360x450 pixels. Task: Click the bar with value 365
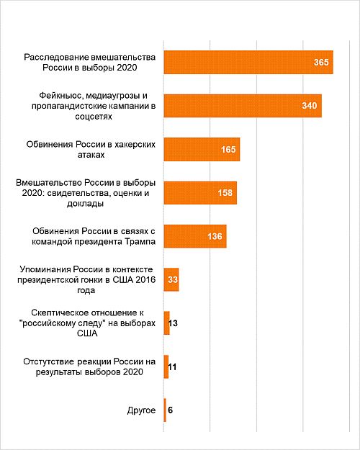tap(248, 62)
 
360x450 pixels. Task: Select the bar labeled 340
tap(243, 106)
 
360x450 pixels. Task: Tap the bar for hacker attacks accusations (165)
tap(202, 149)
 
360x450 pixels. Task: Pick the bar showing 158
tap(200, 192)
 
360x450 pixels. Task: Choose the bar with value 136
tap(195, 236)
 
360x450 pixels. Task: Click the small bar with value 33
tap(171, 279)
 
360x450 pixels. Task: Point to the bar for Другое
tap(165, 410)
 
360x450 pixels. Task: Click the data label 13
tap(173, 323)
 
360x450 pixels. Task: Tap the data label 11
tap(172, 366)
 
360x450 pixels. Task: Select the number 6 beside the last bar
tap(170, 410)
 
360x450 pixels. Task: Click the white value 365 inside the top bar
tap(321, 62)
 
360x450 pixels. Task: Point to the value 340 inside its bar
tap(310, 106)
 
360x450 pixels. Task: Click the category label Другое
tap(141, 410)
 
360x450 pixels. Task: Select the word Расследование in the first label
tap(56, 57)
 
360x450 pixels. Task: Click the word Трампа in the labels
tap(140, 241)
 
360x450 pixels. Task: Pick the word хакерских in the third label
tap(135, 144)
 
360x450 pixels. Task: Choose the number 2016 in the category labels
tap(145, 279)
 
